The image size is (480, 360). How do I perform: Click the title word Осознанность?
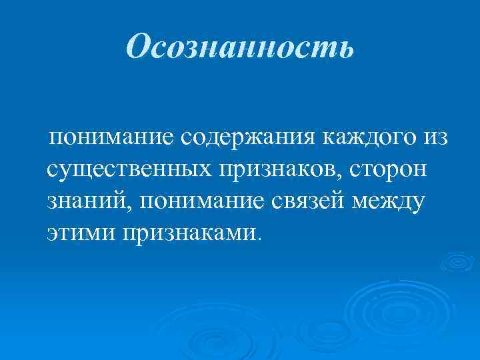point(240,49)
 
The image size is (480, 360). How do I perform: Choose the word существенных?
point(127,169)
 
